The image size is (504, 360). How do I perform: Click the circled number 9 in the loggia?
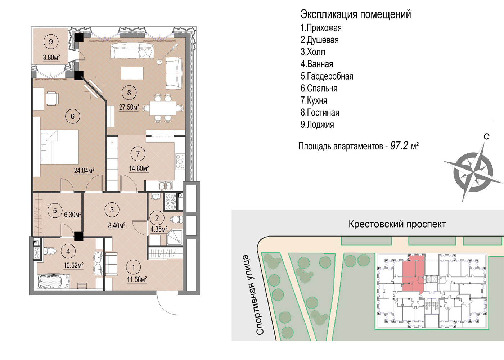coord(51,41)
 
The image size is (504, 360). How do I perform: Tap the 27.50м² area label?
coord(129,107)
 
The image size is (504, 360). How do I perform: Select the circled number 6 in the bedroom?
coord(72,116)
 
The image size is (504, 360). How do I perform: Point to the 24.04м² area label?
coord(84,171)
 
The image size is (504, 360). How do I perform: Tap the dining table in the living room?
coord(163,108)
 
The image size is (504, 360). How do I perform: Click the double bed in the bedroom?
coord(60,147)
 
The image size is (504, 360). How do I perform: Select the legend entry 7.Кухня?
coord(314,100)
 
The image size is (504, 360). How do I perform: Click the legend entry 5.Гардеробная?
coord(327,76)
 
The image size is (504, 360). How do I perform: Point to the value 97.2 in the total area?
coord(399,146)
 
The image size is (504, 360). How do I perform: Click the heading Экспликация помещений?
coord(356,14)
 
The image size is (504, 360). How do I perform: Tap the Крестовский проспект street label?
coord(397,224)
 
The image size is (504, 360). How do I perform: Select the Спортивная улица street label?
coord(260,295)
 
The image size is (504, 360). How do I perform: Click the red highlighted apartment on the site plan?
coord(413,273)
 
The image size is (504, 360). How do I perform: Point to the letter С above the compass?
coord(486,136)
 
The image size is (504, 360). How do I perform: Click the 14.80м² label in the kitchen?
coord(139,168)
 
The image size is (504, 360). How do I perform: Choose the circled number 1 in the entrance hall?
coord(134,267)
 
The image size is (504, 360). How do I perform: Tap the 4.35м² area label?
coord(159,229)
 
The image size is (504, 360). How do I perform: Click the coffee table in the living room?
coord(132,73)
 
